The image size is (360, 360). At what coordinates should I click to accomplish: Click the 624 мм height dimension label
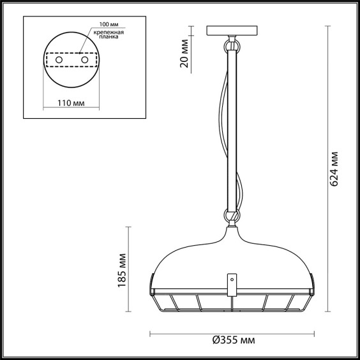pyautogui.click(x=334, y=169)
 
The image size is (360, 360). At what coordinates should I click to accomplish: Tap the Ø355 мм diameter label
pyautogui.click(x=234, y=340)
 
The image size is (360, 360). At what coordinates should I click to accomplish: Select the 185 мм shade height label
pyautogui.click(x=122, y=270)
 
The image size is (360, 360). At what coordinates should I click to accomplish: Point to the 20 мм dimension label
pyautogui.click(x=184, y=54)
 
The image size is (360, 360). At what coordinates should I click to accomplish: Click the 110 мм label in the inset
pyautogui.click(x=71, y=103)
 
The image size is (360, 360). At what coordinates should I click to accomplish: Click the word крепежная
pyautogui.click(x=109, y=33)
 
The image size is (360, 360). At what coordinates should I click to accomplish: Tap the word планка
pyautogui.click(x=109, y=37)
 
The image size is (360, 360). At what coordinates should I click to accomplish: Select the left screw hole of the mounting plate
pyautogui.click(x=59, y=60)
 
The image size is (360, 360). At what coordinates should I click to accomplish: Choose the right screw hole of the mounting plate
pyautogui.click(x=85, y=60)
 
